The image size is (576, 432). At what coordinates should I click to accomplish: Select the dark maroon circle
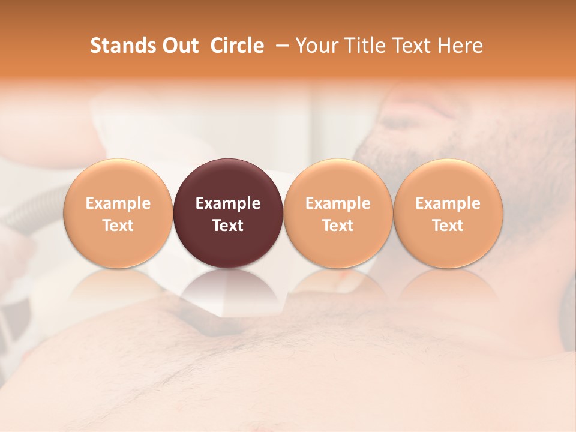228,213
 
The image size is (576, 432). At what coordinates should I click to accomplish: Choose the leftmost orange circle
118,213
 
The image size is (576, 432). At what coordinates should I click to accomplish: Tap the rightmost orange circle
448,213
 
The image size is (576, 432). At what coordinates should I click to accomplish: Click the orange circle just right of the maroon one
338,213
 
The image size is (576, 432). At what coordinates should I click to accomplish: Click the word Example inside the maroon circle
228,203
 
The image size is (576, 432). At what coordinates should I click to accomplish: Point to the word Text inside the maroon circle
228,226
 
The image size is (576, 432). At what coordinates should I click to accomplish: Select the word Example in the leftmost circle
118,203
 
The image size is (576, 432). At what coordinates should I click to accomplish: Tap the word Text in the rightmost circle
448,226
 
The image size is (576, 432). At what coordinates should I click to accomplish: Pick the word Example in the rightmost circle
448,203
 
